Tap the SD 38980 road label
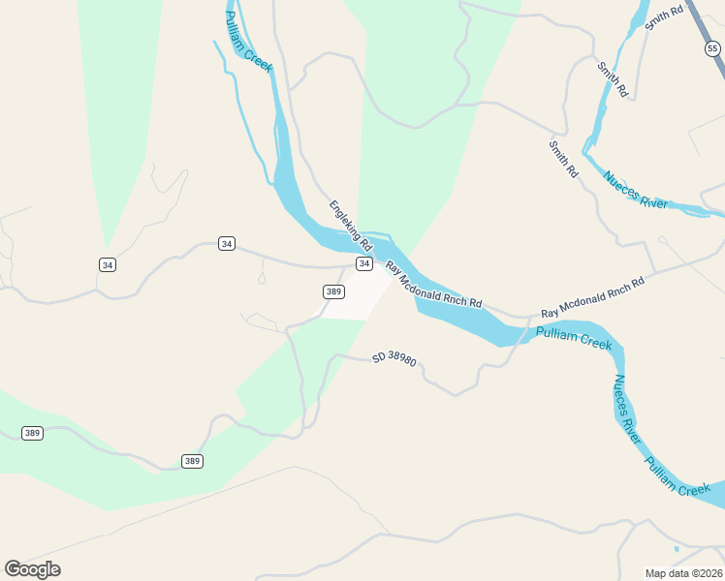click(x=394, y=359)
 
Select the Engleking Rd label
click(x=350, y=226)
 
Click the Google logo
click(x=32, y=569)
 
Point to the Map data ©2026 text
click(x=683, y=573)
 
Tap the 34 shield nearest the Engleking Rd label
click(x=364, y=263)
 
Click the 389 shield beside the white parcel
click(x=333, y=291)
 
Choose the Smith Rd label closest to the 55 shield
click(x=664, y=17)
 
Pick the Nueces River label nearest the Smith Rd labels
click(x=636, y=190)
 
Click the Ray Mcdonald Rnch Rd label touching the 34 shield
click(x=433, y=285)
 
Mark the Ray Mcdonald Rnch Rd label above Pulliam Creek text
click(x=592, y=298)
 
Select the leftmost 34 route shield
click(x=108, y=264)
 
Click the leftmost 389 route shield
click(x=32, y=433)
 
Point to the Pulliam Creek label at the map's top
click(x=247, y=43)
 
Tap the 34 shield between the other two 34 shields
click(x=227, y=244)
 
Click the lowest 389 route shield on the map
click(x=192, y=461)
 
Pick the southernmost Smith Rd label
click(x=563, y=159)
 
